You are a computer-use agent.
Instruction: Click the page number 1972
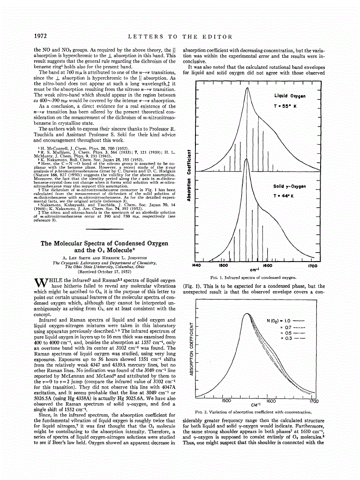click(x=43, y=37)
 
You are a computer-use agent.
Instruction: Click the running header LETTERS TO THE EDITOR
click(x=180, y=37)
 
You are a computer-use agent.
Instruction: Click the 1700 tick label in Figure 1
click(x=313, y=265)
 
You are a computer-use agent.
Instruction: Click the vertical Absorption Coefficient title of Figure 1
click(x=188, y=172)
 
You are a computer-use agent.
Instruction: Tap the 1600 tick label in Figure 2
click(x=271, y=401)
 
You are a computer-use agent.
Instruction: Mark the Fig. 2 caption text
click(x=253, y=412)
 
